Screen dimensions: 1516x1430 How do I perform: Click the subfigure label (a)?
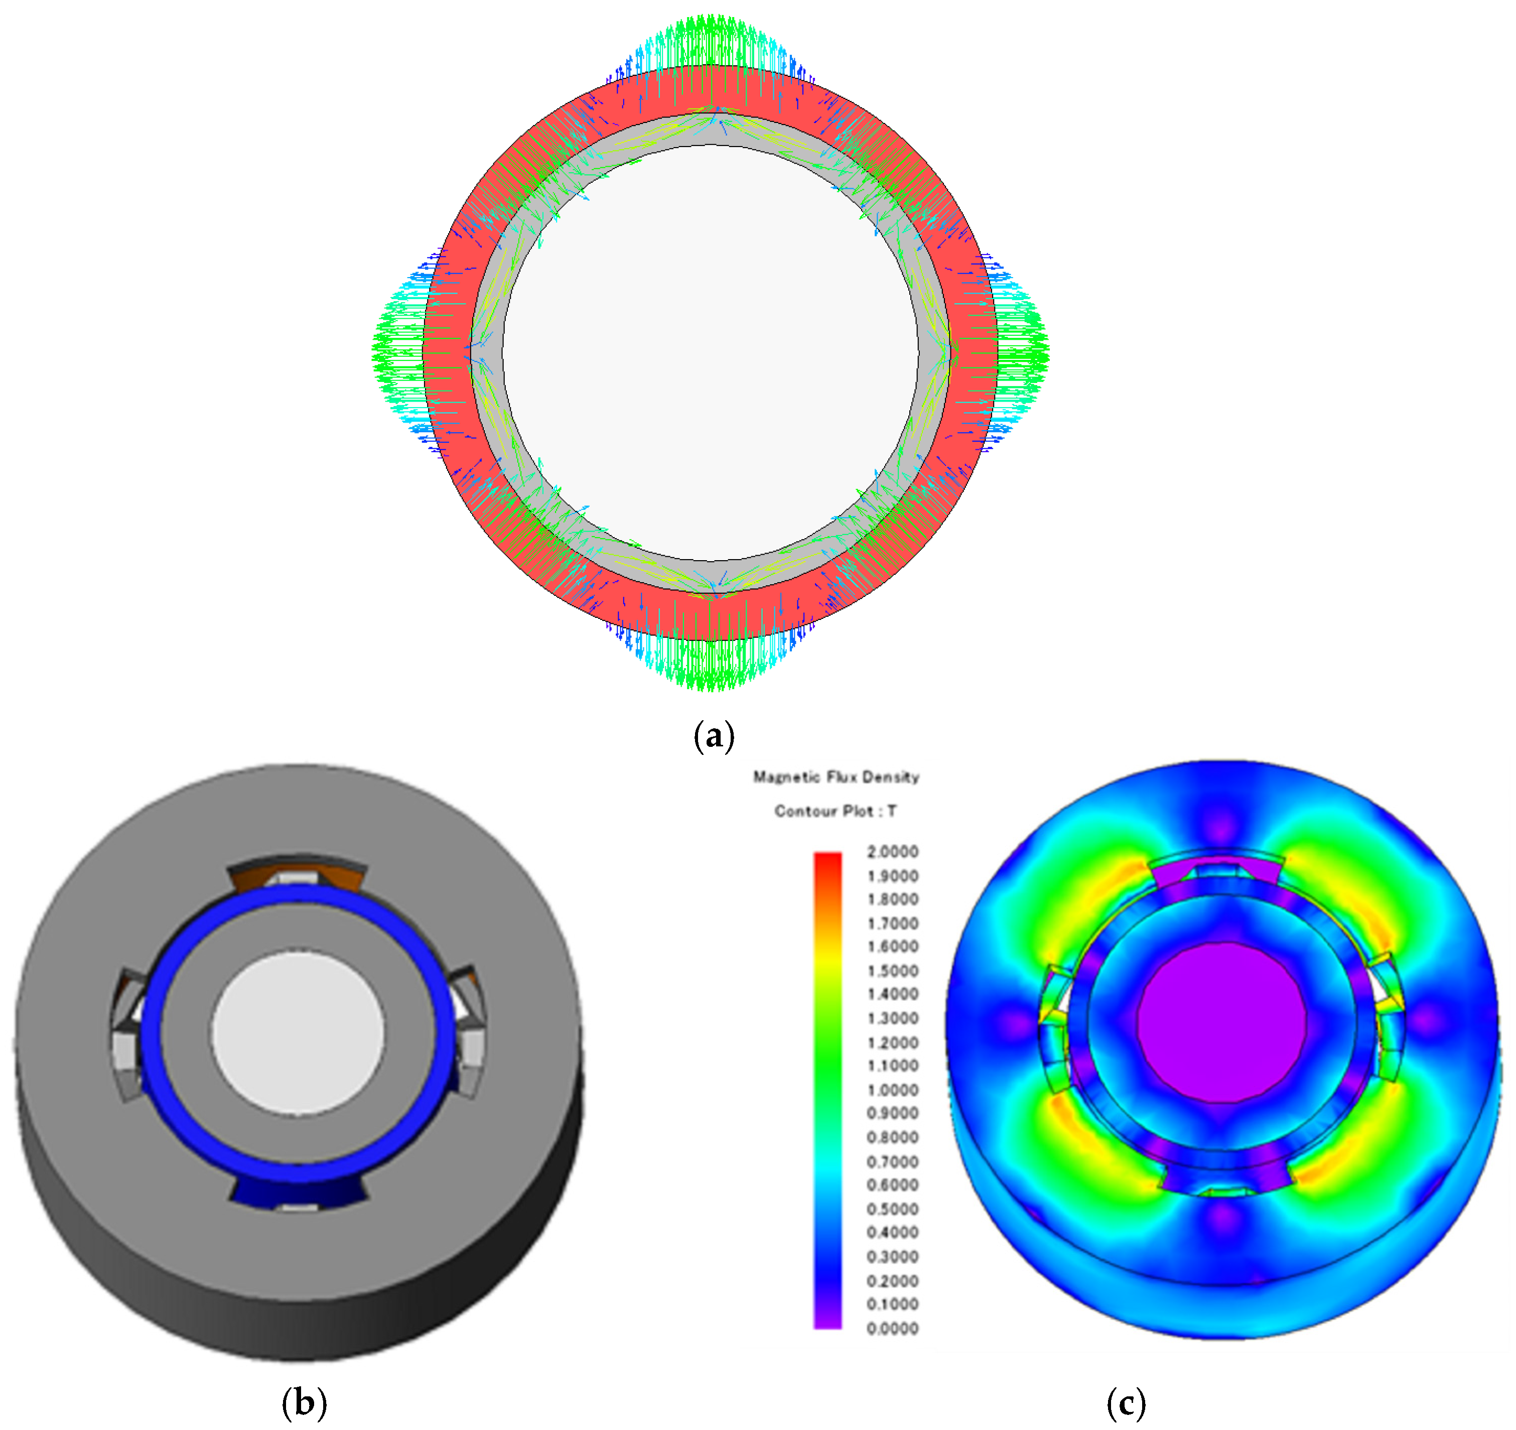pyautogui.click(x=714, y=736)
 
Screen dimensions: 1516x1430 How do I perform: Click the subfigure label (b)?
pyautogui.click(x=304, y=1402)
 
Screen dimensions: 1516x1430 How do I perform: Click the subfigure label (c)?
pyautogui.click(x=1126, y=1402)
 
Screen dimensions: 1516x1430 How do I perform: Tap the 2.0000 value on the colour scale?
pyautogui.click(x=892, y=852)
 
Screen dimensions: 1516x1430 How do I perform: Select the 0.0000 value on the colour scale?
pyautogui.click(x=892, y=1329)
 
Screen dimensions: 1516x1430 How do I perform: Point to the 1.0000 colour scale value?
pyautogui.click(x=892, y=1090)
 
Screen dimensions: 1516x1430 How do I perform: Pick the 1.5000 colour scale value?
pyautogui.click(x=892, y=971)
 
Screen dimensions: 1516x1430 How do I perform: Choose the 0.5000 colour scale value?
pyautogui.click(x=892, y=1209)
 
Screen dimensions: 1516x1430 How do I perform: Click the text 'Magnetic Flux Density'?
pyautogui.click(x=836, y=777)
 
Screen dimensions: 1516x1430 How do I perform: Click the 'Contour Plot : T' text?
pyautogui.click(x=836, y=811)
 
